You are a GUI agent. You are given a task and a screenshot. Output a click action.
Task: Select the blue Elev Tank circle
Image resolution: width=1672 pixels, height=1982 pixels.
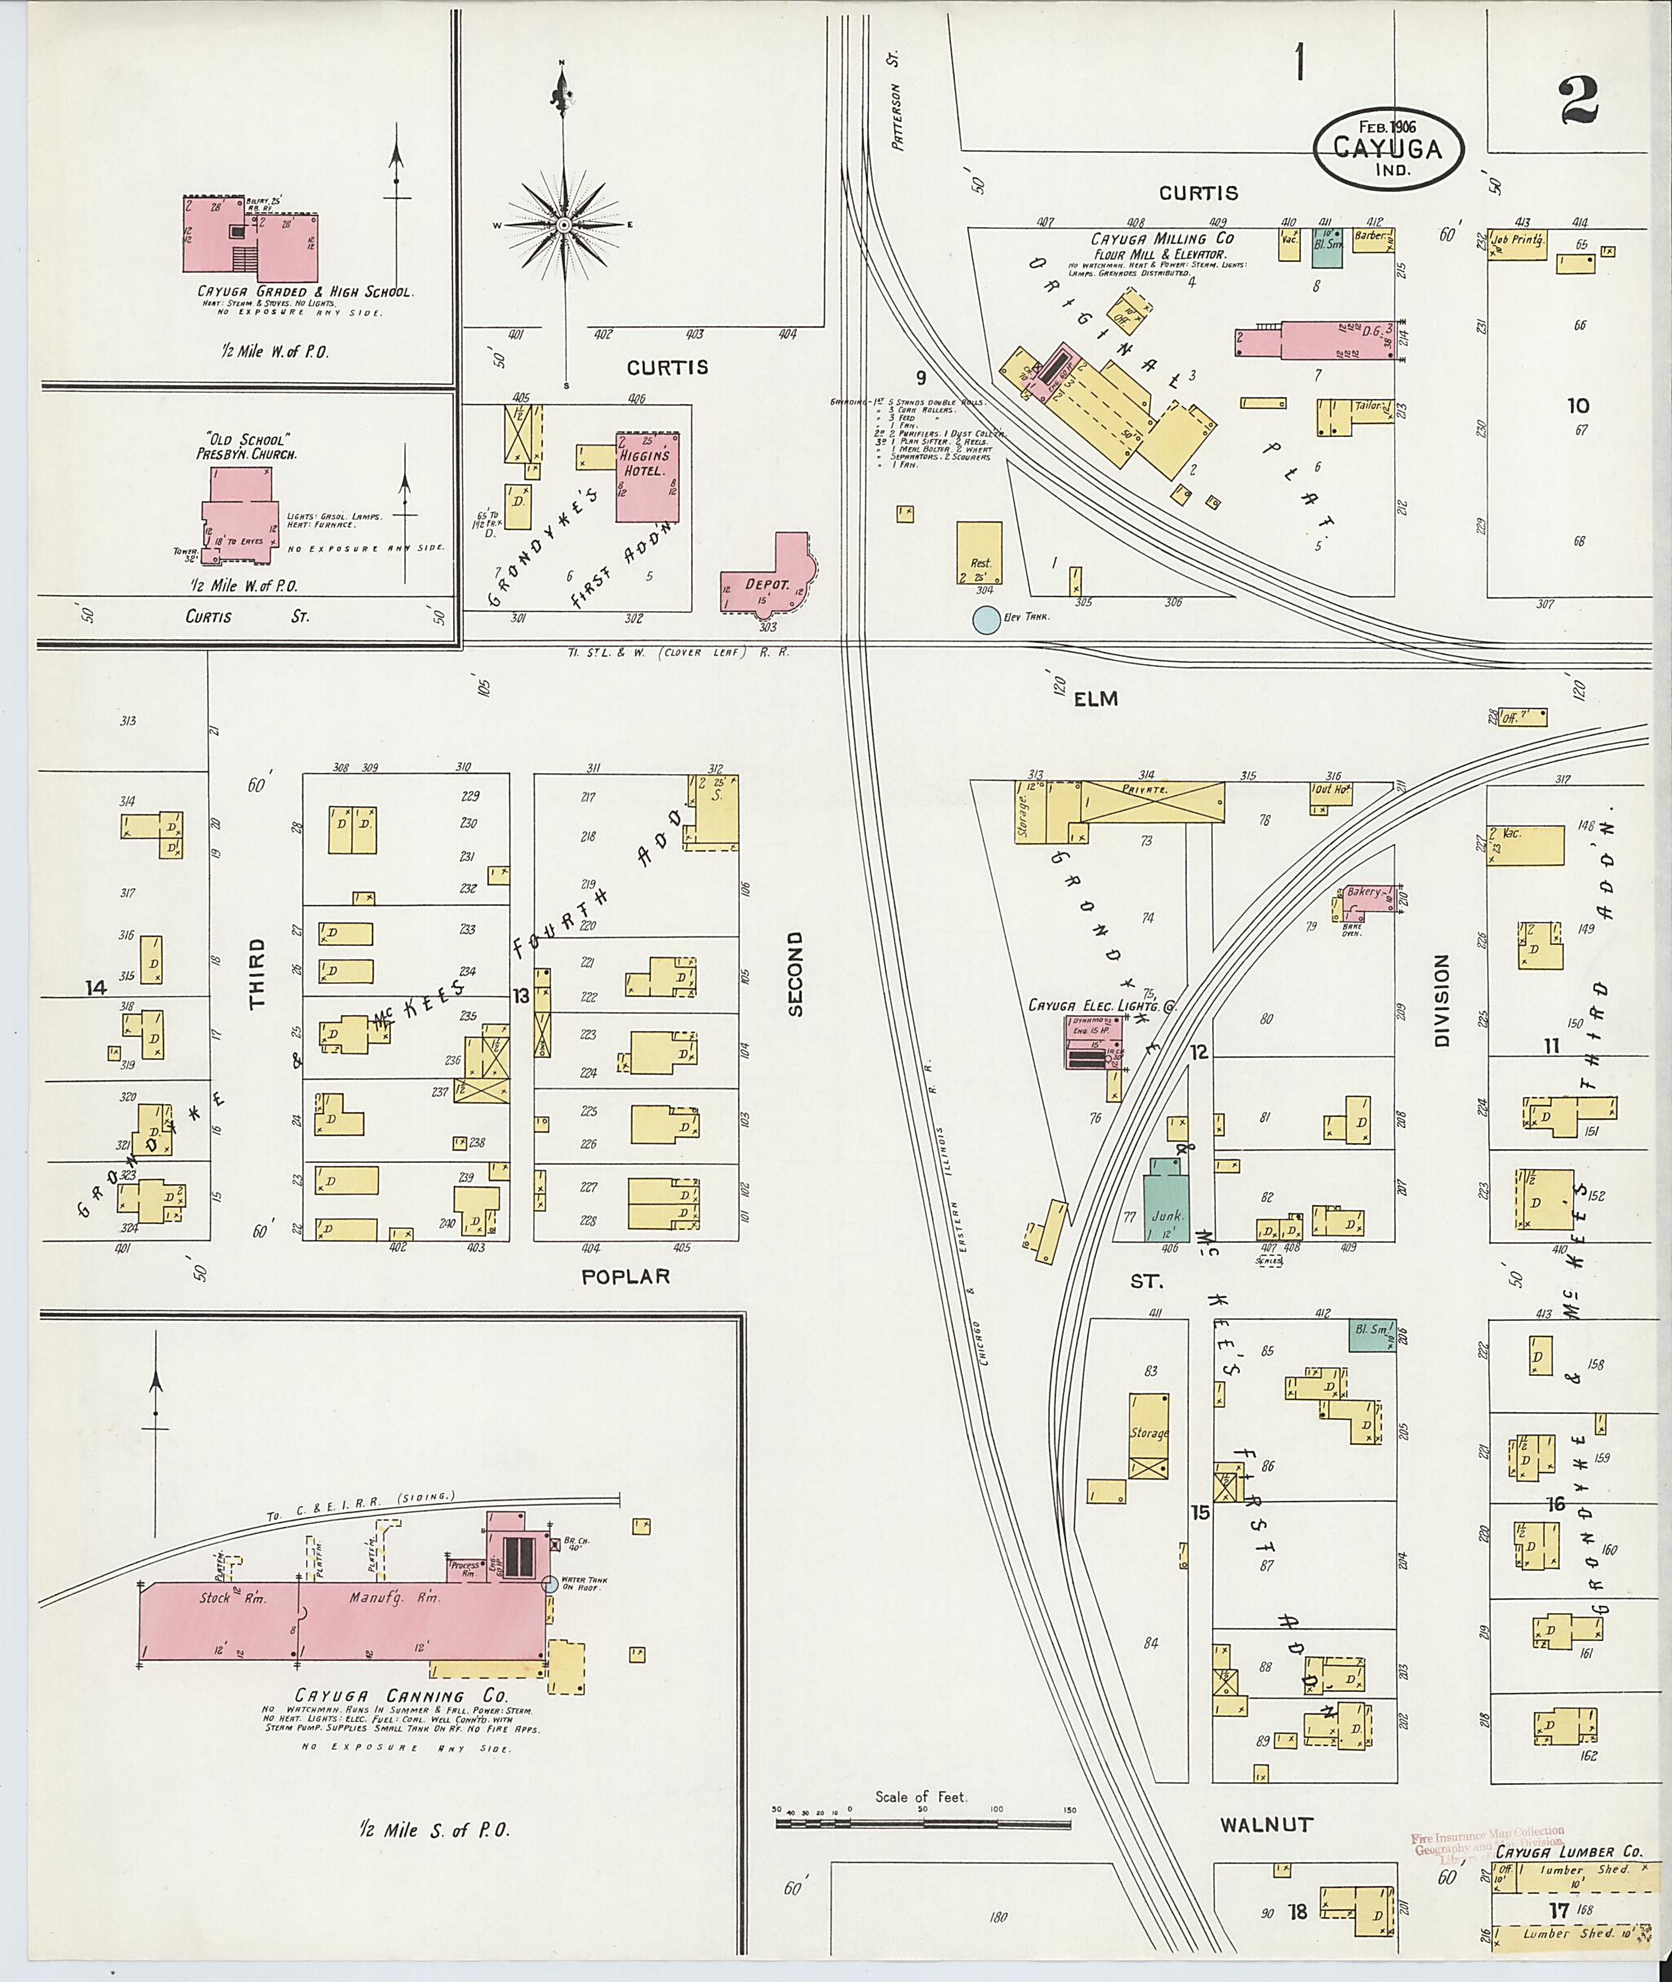tap(987, 621)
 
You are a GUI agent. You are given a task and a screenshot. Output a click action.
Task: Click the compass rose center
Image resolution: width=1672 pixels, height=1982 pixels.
tap(564, 225)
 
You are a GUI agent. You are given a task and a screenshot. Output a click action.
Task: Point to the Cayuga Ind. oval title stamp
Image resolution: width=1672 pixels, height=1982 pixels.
tap(1388, 148)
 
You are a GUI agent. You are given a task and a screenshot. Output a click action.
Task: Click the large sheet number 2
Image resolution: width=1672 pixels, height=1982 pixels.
tap(1577, 100)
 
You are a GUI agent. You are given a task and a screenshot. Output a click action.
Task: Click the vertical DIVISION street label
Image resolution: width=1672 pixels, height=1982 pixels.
tap(1442, 1000)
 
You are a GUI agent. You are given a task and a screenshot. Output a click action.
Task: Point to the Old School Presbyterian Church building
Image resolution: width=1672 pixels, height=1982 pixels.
tap(240, 517)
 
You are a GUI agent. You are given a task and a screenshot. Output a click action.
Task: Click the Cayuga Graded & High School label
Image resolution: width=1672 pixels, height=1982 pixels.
tap(305, 292)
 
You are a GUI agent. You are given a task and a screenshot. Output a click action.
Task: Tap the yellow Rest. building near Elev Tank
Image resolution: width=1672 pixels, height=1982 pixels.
tap(979, 553)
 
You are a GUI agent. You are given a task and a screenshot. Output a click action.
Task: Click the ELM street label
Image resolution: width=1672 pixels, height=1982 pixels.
tap(1096, 699)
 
